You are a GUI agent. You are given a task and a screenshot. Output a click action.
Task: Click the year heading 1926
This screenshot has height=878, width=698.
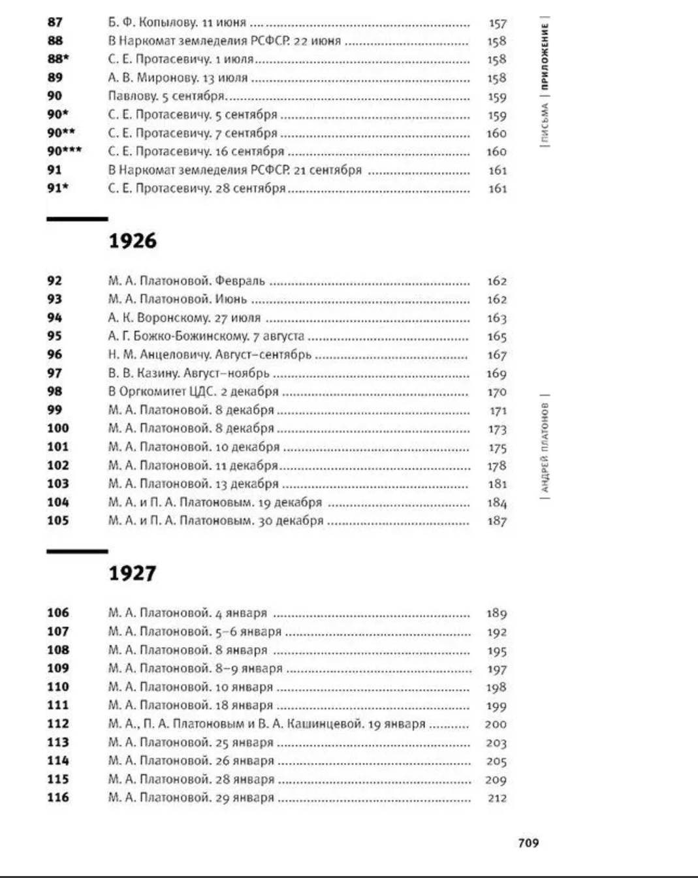(133, 241)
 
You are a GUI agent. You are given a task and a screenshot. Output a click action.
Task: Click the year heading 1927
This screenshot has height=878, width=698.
(133, 573)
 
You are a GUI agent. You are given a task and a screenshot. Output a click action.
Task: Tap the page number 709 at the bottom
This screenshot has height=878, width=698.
(528, 843)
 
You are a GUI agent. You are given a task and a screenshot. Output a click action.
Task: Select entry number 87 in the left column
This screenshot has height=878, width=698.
(55, 22)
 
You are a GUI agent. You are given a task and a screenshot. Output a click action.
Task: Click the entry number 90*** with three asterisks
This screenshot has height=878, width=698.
(64, 151)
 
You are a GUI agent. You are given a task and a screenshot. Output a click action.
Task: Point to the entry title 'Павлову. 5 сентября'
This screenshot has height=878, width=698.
(166, 96)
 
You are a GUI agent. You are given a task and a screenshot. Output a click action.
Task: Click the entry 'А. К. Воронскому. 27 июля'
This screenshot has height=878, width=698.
(184, 318)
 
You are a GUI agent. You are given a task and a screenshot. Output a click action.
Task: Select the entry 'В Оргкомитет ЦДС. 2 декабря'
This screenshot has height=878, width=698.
(193, 392)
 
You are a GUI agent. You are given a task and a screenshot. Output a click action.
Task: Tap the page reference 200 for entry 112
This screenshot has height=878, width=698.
(496, 724)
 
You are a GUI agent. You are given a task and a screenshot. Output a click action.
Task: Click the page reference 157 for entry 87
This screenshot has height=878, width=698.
(498, 24)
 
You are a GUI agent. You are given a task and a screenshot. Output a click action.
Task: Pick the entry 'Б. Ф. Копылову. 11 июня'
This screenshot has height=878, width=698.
(177, 22)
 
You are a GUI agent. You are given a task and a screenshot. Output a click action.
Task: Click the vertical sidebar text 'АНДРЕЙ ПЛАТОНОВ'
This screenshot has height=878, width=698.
(545, 447)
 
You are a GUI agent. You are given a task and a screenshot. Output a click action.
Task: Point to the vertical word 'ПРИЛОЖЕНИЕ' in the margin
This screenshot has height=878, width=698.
(545, 56)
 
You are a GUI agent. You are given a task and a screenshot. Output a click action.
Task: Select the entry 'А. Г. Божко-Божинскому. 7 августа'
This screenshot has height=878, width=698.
(206, 336)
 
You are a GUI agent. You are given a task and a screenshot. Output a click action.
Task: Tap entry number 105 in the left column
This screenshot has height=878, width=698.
(57, 521)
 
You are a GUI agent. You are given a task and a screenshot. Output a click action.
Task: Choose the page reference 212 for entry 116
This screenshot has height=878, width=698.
(497, 798)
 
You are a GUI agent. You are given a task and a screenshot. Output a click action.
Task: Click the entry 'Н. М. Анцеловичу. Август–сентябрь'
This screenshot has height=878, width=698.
(210, 354)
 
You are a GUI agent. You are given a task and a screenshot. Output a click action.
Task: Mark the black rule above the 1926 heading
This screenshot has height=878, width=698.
(77, 219)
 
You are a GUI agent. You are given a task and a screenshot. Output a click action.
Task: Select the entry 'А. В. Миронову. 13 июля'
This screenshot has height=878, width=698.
(178, 78)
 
